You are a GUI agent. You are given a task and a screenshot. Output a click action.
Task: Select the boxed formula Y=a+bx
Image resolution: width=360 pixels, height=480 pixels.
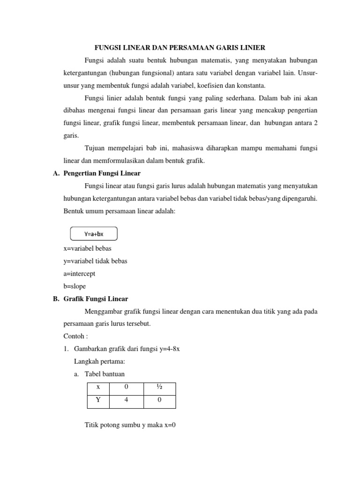(x=94, y=234)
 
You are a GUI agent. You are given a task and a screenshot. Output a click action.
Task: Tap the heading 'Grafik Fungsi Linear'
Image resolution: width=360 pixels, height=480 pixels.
(x=96, y=299)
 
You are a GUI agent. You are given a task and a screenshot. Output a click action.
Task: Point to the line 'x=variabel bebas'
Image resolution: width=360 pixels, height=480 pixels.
(x=87, y=248)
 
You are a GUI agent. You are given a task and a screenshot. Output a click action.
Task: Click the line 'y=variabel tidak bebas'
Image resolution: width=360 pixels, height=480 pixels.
(x=95, y=261)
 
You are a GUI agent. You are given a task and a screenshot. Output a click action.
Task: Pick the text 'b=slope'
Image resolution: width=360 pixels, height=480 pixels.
(x=75, y=286)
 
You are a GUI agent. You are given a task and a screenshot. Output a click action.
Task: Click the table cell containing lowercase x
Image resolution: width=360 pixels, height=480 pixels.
(x=98, y=387)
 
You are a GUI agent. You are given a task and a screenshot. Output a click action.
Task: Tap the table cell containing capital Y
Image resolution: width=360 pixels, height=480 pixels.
(x=98, y=400)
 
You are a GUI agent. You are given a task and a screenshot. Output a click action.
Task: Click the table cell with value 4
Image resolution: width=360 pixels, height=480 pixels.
(x=126, y=400)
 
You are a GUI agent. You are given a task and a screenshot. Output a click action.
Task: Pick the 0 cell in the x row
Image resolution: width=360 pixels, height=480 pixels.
(x=126, y=387)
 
